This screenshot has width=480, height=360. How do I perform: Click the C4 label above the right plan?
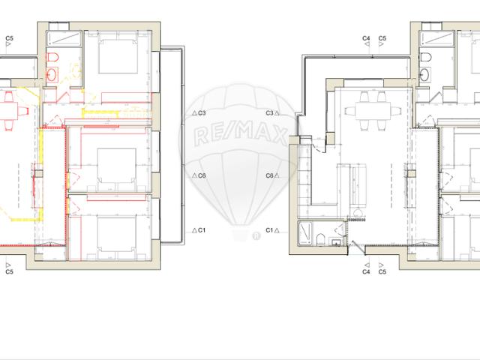click(366, 37)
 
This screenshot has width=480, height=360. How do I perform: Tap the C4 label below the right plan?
click(366, 272)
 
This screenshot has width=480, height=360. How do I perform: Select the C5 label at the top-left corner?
click(9, 37)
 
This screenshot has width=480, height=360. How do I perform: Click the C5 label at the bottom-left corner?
click(9, 272)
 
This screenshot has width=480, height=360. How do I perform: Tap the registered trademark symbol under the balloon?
click(257, 235)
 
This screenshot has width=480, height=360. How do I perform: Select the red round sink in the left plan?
click(53, 74)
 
